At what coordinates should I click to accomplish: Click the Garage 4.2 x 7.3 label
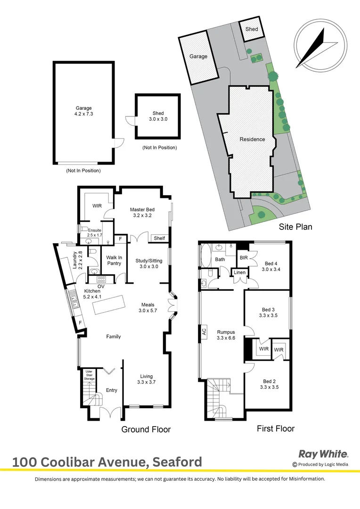coord(84,111)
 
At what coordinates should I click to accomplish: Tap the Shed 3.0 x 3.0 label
coord(158,116)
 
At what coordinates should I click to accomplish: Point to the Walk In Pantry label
coord(114,260)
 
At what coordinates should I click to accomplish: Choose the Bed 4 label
coord(270,267)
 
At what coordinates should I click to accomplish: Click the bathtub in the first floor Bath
coord(206,259)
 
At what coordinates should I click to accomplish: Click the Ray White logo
coord(323,454)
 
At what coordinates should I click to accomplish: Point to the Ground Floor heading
coord(146,429)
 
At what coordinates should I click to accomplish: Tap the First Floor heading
coord(276,428)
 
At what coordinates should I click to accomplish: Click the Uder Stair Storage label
coord(89,376)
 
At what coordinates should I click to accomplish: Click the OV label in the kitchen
coord(100,286)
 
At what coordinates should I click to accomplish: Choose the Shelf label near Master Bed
coord(159,238)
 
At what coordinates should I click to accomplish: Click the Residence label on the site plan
coord(252,139)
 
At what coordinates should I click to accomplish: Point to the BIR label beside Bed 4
coord(244,258)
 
